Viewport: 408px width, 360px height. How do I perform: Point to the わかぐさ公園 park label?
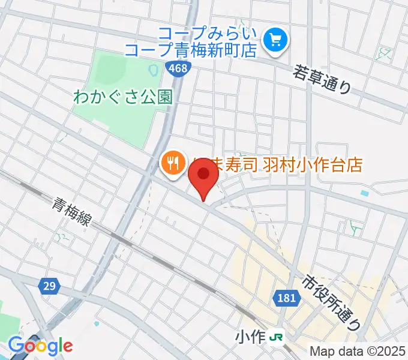122,96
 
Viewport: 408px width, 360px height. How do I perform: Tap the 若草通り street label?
322,79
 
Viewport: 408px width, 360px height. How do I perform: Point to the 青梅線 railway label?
71,213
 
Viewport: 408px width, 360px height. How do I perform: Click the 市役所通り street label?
332,302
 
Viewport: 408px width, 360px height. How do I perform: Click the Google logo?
40,346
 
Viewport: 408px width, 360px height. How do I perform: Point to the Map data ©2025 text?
357,351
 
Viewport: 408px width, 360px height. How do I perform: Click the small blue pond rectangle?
365,193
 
